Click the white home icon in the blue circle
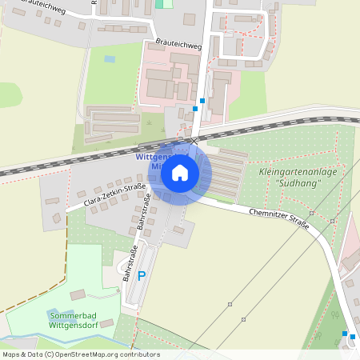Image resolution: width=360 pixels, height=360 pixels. (x=180, y=173)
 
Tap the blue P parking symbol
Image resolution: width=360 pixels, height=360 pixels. (x=142, y=276)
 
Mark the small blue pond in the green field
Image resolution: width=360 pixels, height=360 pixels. (x=110, y=58)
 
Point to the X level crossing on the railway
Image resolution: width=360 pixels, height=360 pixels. (x=193, y=140)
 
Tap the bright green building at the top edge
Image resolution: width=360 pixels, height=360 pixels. (x=165, y=3)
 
